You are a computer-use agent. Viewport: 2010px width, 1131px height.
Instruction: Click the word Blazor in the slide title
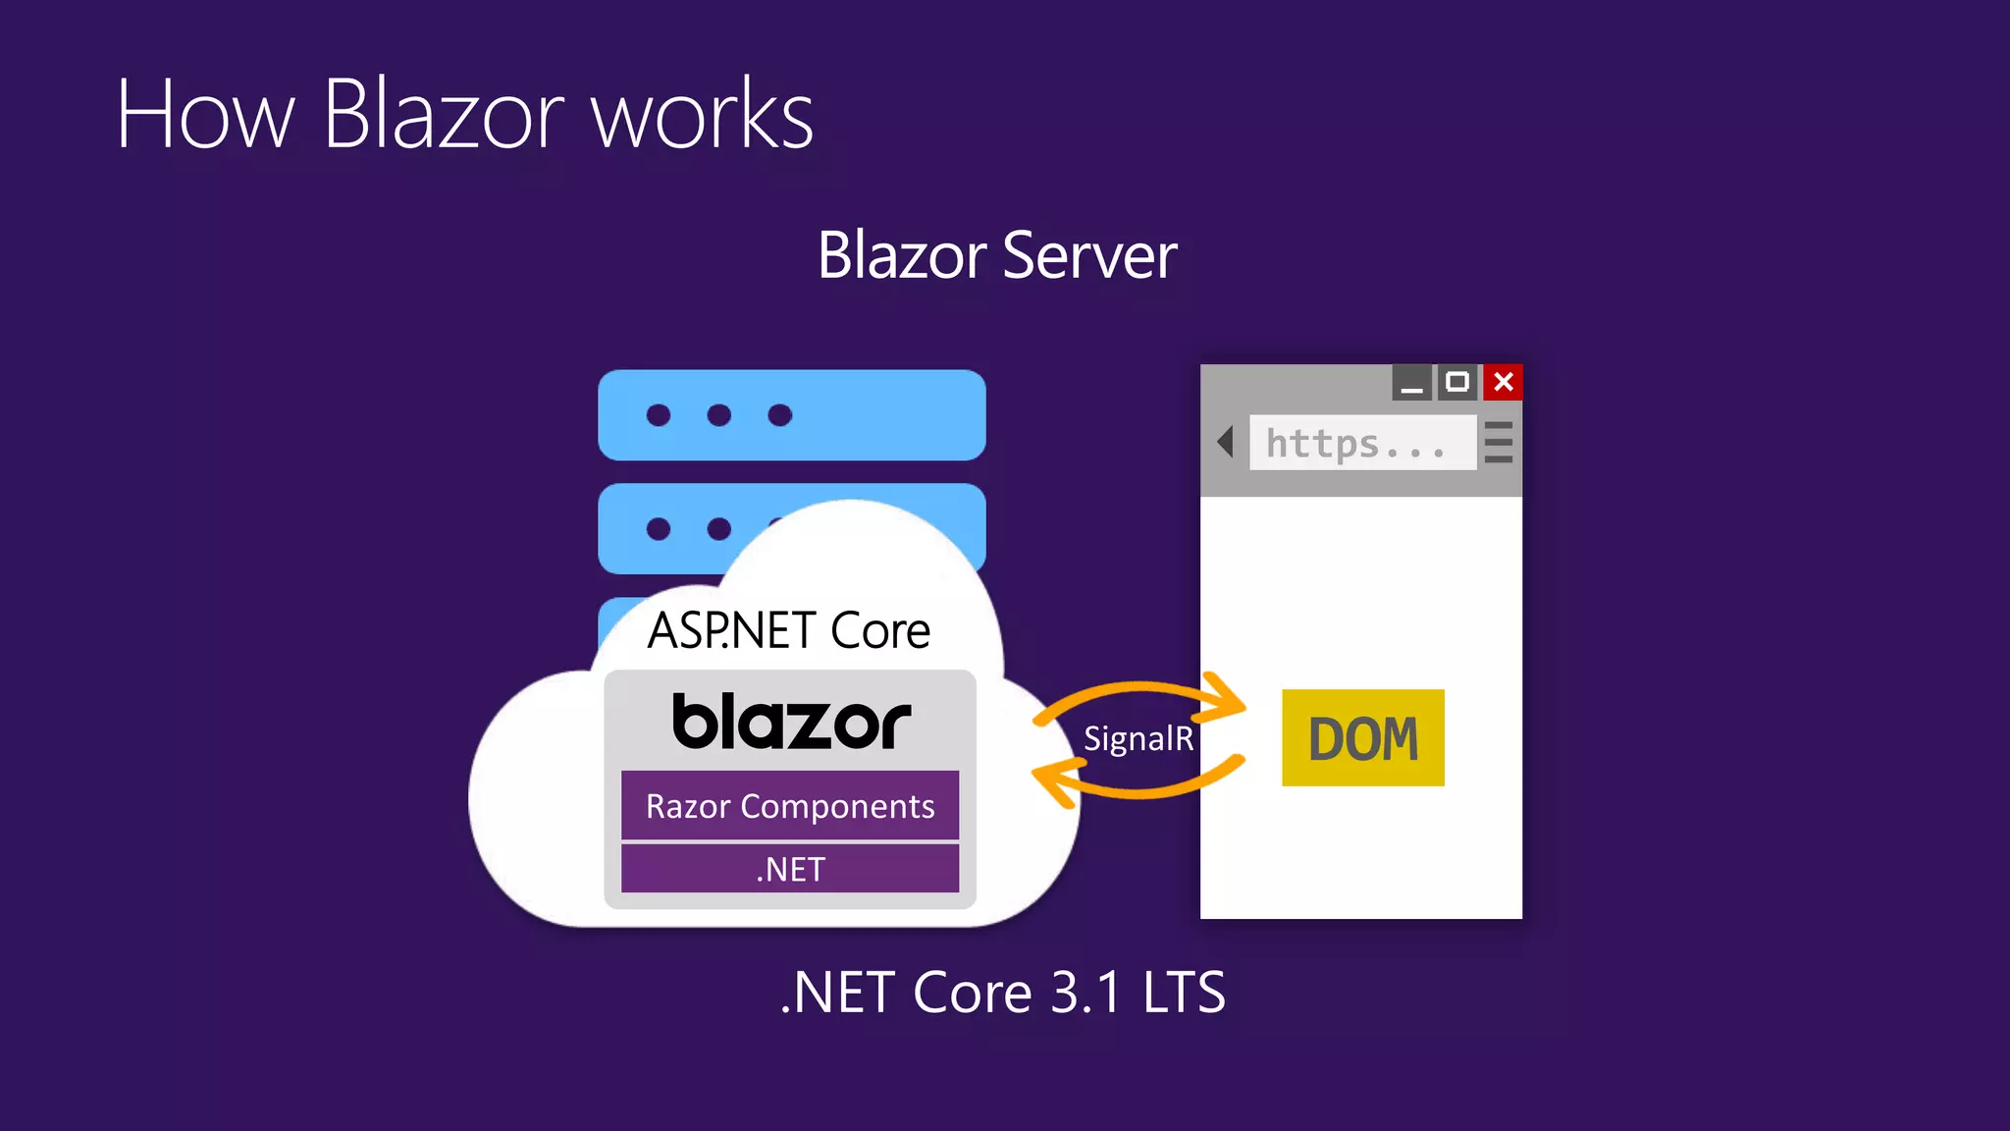(444, 115)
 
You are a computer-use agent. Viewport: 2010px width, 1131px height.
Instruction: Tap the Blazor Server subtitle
(997, 255)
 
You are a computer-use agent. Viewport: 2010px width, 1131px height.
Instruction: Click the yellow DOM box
(1362, 737)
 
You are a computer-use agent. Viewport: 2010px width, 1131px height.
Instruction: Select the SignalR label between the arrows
(1138, 738)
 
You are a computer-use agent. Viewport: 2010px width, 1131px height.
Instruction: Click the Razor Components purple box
(790, 806)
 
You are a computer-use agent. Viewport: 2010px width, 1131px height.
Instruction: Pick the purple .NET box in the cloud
(790, 869)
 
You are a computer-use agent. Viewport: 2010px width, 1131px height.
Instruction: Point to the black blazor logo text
(791, 723)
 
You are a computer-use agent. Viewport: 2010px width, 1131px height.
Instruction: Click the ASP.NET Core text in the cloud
(789, 630)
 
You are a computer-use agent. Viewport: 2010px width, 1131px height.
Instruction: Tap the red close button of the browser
(1503, 382)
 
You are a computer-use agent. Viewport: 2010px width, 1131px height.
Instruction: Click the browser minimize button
(1411, 382)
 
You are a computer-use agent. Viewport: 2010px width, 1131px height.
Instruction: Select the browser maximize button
(1457, 382)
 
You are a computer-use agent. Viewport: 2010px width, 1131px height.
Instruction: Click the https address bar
(1362, 443)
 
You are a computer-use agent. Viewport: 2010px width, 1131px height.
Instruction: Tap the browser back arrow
(1225, 442)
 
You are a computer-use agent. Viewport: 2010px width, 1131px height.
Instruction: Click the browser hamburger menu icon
(1499, 442)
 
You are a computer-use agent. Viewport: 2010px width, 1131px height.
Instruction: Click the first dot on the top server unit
(659, 415)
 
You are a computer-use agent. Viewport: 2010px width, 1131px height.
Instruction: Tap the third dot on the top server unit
(780, 415)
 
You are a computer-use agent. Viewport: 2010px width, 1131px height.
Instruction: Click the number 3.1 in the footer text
(1085, 993)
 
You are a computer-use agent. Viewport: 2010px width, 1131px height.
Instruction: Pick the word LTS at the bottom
(1184, 993)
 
